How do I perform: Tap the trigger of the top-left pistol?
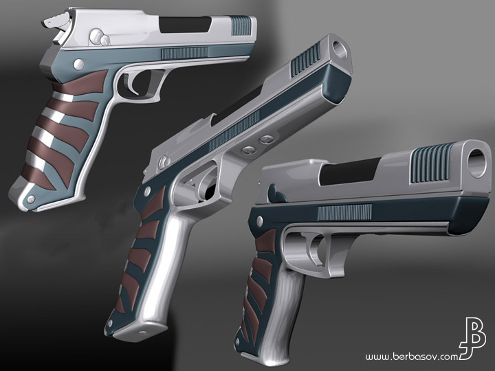click(133, 84)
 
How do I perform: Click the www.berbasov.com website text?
click(412, 357)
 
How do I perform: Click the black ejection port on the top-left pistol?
click(185, 24)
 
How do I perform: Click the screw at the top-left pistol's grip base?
click(31, 199)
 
